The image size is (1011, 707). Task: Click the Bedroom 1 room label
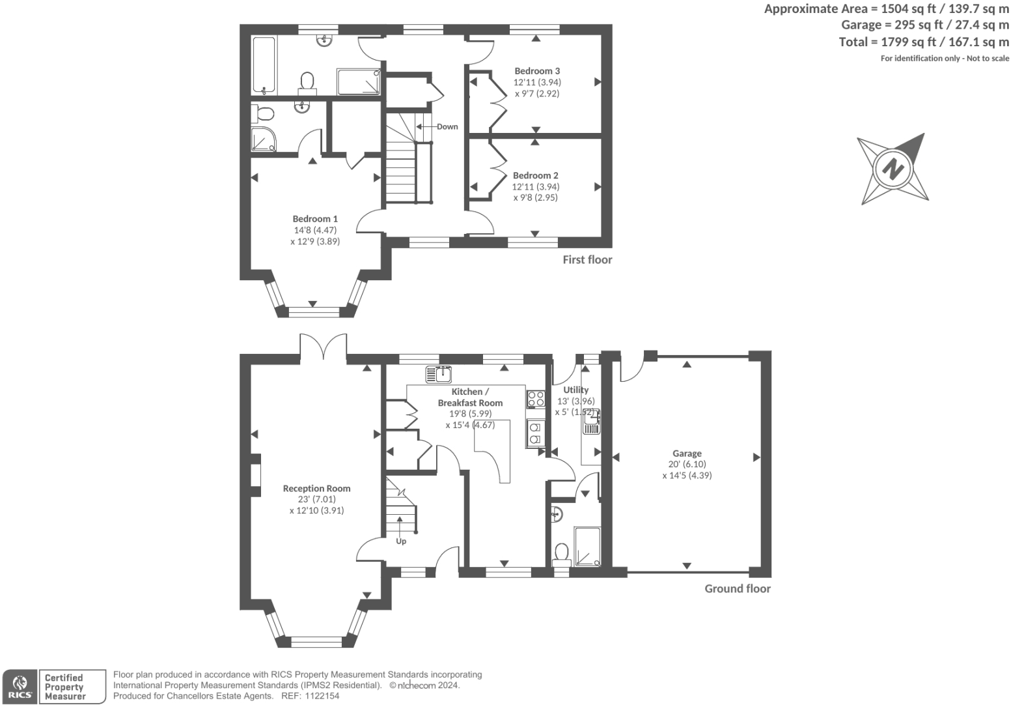coord(315,219)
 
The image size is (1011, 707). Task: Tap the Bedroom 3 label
coord(537,71)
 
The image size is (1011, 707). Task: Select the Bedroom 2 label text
coord(535,175)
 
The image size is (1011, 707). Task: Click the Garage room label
coord(687,453)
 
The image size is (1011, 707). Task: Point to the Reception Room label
coord(316,488)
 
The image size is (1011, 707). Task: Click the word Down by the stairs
coord(447,126)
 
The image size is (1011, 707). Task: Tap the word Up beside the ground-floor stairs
coord(401,541)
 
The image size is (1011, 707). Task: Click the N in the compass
coord(893,170)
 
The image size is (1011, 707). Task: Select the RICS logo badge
coord(20,687)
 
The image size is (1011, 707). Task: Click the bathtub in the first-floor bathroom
coord(264,66)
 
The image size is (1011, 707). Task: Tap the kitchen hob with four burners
coord(536,399)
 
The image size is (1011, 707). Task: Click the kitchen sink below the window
coord(438,375)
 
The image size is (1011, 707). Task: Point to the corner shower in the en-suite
coord(263,139)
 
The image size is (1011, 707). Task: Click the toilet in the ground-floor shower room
coord(561,555)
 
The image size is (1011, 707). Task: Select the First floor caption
coord(587,260)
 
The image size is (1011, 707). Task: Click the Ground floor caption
coord(738,588)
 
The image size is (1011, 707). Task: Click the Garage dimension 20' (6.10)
coord(687,464)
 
